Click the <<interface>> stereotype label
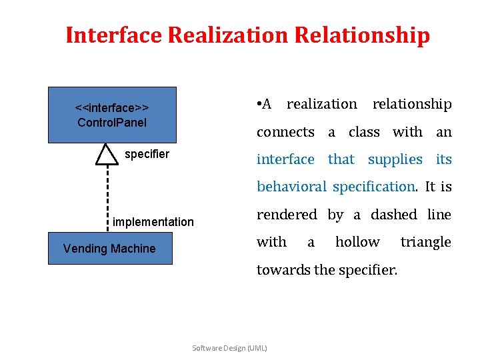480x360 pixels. click(x=112, y=108)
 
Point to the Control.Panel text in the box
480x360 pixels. click(x=112, y=123)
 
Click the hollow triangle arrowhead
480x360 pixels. click(x=106, y=155)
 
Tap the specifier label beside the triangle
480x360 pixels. click(x=147, y=155)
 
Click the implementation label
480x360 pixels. click(x=153, y=222)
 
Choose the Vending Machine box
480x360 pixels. click(x=110, y=249)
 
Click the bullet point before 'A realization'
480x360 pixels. click(x=259, y=104)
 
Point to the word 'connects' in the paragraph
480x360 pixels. click(x=285, y=132)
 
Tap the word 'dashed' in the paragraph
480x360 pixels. click(x=395, y=215)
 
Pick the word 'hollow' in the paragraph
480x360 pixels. click(x=357, y=242)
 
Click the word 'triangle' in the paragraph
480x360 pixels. click(x=425, y=242)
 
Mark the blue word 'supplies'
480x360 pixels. click(x=395, y=159)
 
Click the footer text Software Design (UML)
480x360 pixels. click(x=229, y=348)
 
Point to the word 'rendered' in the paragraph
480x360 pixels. click(x=287, y=215)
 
